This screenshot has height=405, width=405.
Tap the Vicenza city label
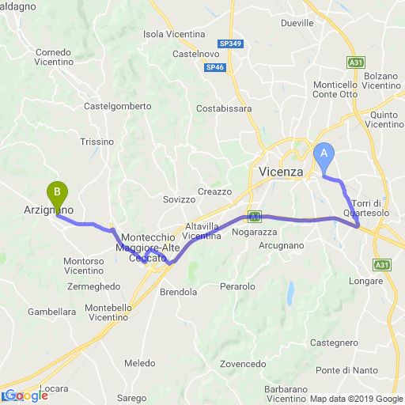[x=281, y=172]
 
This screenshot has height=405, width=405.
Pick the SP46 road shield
[x=215, y=69]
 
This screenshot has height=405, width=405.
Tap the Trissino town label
[x=97, y=142]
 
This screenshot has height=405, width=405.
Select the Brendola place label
[x=178, y=292]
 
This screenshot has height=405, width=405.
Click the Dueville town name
[x=297, y=24]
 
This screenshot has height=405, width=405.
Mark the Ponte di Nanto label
[x=345, y=370]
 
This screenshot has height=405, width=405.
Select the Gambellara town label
[x=51, y=312]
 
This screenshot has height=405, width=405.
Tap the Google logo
[x=25, y=396]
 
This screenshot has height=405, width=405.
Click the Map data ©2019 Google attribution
[x=356, y=399]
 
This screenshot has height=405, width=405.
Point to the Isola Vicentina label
[x=174, y=35]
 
